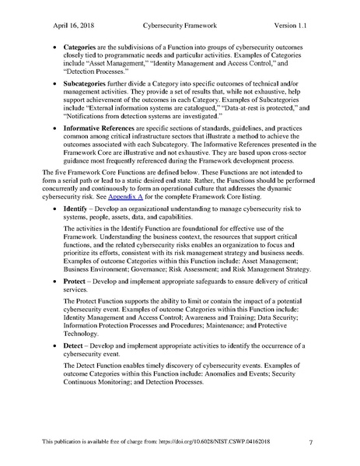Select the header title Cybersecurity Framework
tap(180, 26)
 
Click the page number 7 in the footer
tap(310, 443)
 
